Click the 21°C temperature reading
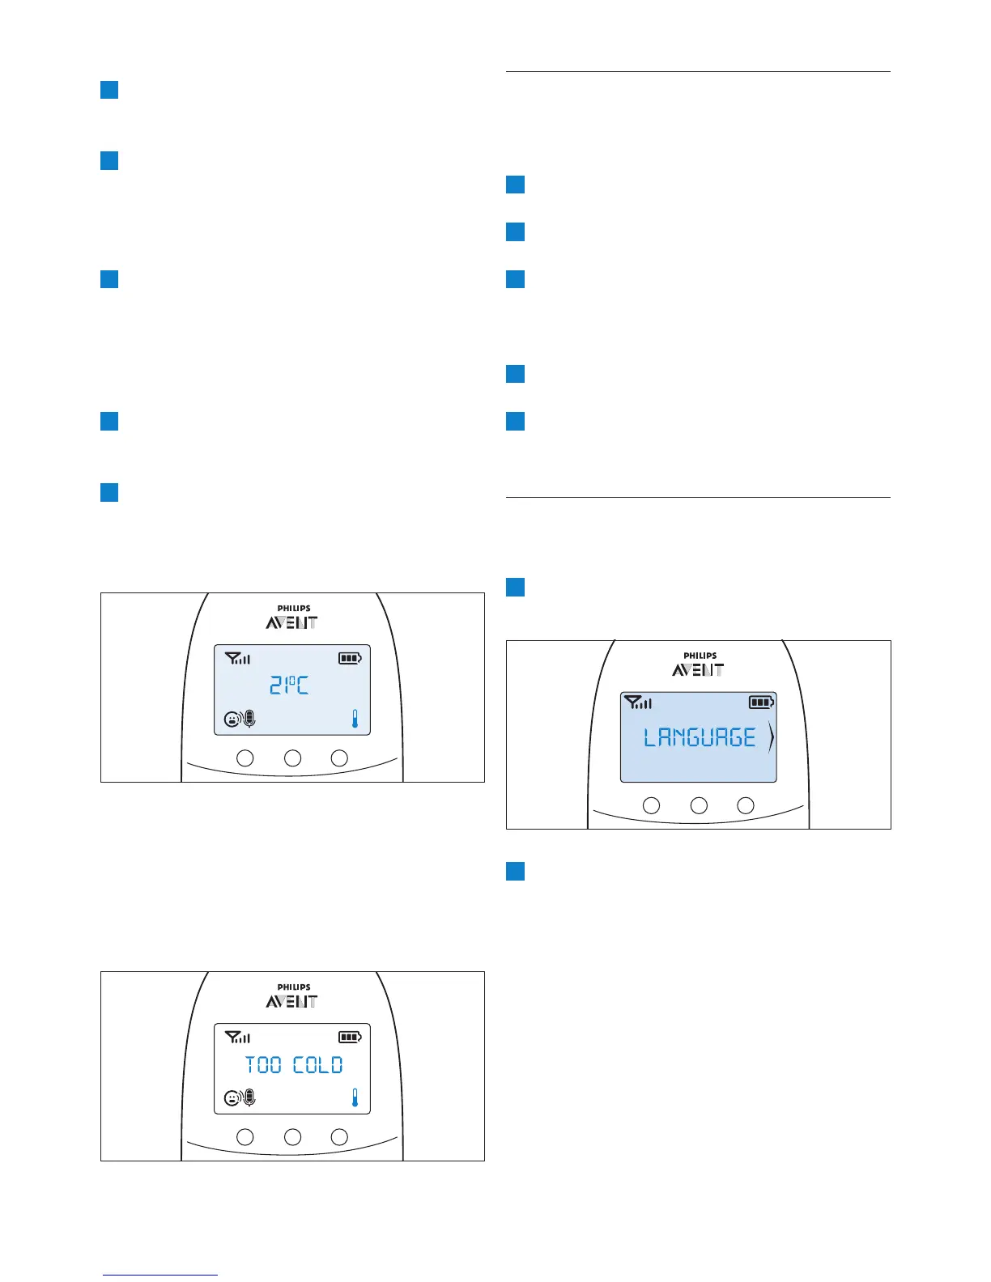[289, 686]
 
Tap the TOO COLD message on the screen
[294, 1065]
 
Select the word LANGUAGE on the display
[700, 737]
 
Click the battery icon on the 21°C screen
[350, 658]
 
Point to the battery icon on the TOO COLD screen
[350, 1037]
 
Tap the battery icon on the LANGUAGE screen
[761, 703]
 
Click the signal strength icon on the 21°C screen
[238, 658]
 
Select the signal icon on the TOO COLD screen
[238, 1037]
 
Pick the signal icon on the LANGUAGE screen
[639, 703]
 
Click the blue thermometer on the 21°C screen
[355, 719]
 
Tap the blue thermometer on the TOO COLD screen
[355, 1097]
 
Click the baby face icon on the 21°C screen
[232, 719]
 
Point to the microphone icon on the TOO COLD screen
[249, 1097]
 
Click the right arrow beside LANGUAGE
[771, 737]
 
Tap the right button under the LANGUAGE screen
[746, 805]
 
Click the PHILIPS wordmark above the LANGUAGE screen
[700, 656]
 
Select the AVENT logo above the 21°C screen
[291, 622]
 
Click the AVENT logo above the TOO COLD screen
[291, 1001]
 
